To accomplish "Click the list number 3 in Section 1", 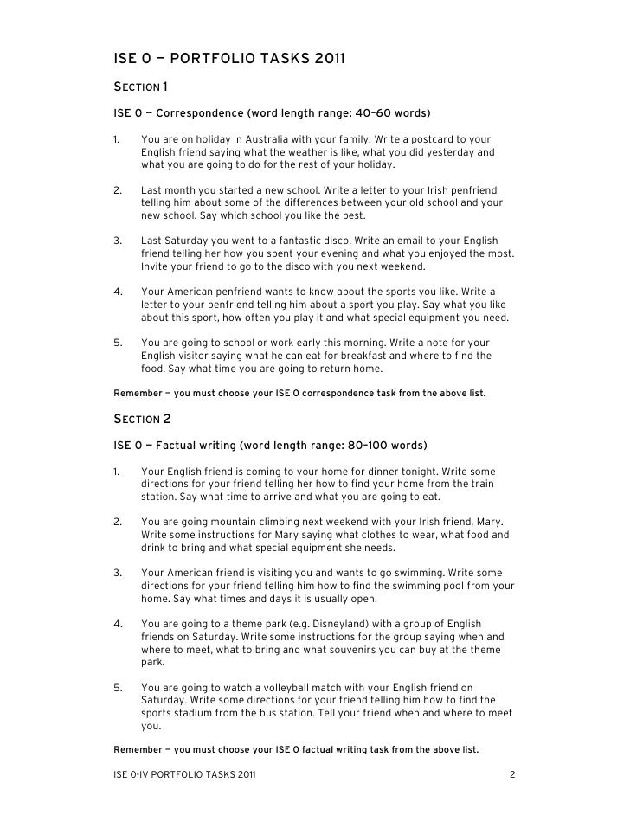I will point(117,241).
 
